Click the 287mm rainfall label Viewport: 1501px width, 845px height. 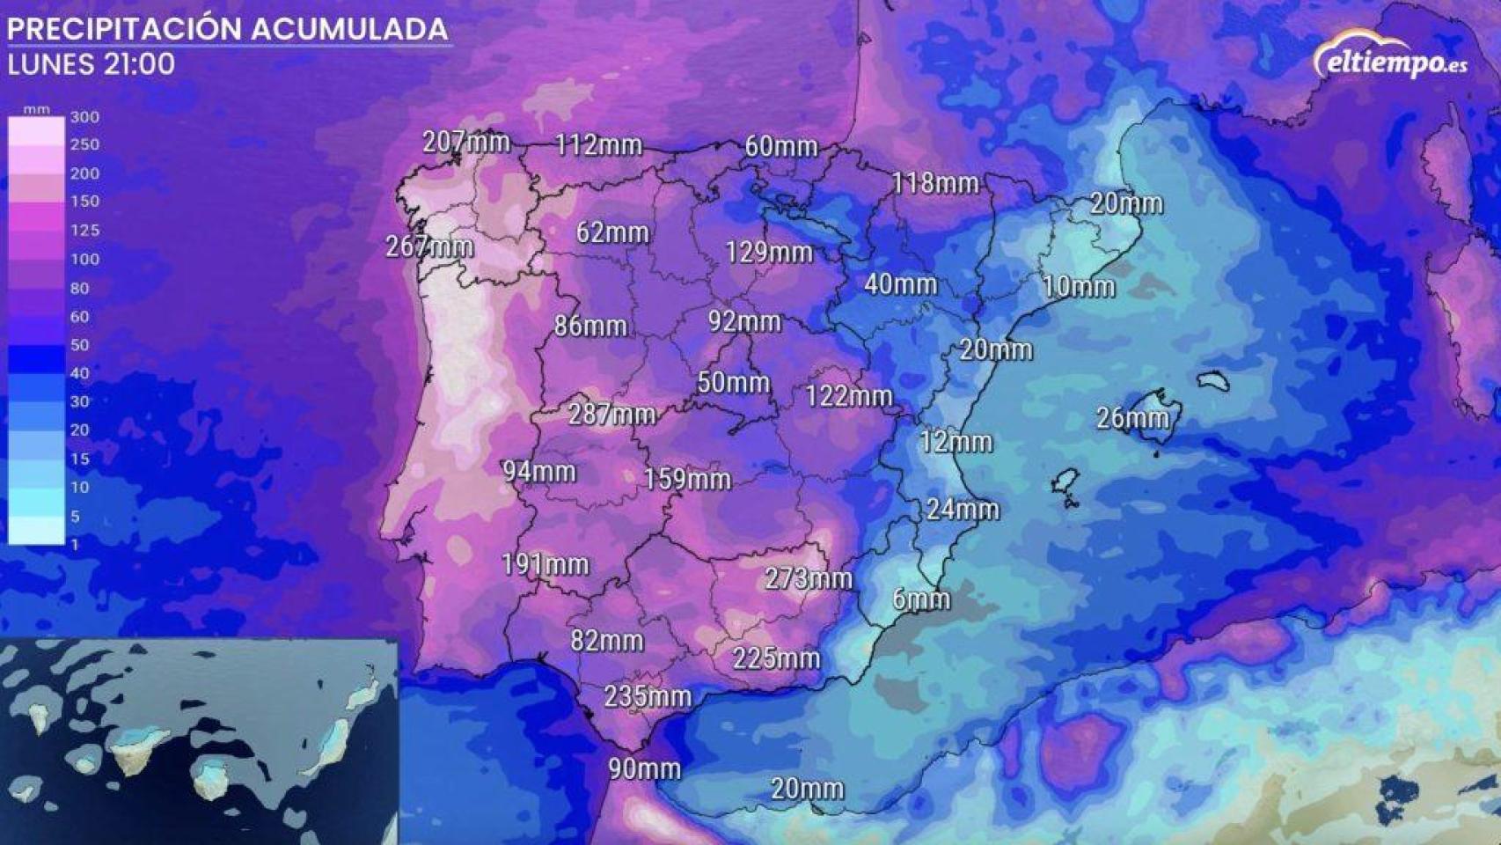tap(611, 414)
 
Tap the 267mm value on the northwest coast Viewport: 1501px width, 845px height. tap(429, 246)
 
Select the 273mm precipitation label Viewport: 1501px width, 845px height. tap(808, 578)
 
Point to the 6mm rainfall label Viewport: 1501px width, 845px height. tap(921, 599)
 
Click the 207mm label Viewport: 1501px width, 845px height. tap(466, 142)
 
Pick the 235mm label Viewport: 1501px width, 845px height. tap(648, 696)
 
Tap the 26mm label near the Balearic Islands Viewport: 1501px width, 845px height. tap(1132, 418)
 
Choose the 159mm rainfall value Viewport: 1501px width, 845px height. tap(687, 479)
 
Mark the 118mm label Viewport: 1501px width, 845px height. tap(935, 183)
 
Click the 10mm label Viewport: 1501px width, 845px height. tap(1079, 286)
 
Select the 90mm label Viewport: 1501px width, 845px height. tap(645, 768)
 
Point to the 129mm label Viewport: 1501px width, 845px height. tap(769, 253)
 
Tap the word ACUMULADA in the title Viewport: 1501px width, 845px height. tap(349, 29)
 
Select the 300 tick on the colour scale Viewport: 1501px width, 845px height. tap(84, 116)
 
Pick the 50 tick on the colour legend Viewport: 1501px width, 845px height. tap(79, 345)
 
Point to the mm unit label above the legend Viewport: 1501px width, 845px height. tap(36, 109)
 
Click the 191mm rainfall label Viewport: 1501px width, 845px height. tap(545, 564)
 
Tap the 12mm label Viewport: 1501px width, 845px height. tap(956, 441)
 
